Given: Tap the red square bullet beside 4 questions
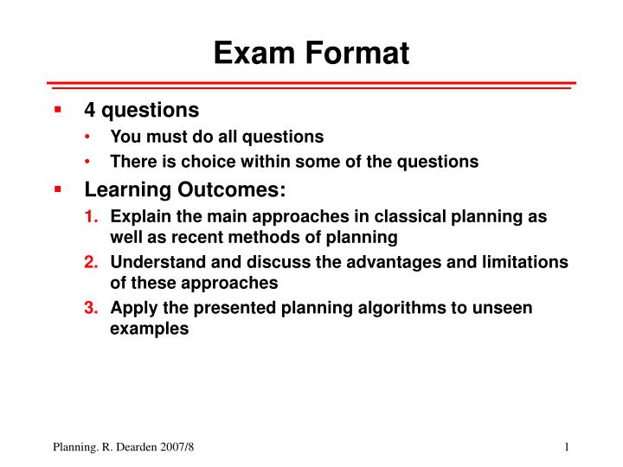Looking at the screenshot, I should click(x=57, y=110).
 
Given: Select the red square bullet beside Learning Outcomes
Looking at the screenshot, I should click(x=57, y=189).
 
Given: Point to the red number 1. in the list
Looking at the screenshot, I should click(x=91, y=217).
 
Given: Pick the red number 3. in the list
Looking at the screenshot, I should click(x=91, y=308).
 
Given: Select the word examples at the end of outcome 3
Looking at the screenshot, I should click(x=150, y=329).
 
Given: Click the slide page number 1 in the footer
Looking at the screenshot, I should click(x=565, y=446).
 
